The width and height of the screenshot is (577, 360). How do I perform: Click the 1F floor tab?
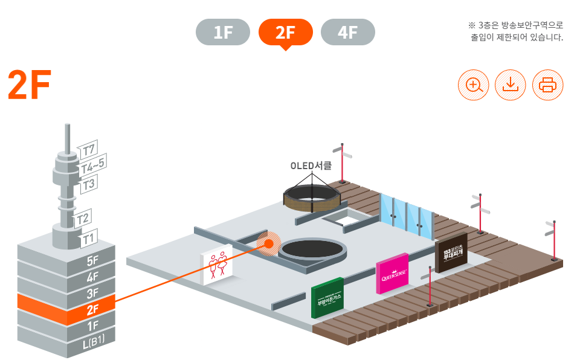(x=223, y=33)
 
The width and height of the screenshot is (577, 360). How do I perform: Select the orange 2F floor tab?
(x=285, y=33)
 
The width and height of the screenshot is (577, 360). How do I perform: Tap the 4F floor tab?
(x=347, y=33)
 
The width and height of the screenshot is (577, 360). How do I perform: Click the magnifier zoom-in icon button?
(x=473, y=85)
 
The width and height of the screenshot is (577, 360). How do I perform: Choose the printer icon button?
(x=547, y=85)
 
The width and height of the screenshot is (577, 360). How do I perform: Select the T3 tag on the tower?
(x=88, y=184)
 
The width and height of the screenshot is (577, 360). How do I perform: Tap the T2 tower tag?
(x=83, y=219)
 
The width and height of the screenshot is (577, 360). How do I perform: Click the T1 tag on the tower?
(x=88, y=239)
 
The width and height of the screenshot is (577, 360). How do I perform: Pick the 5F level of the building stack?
(x=92, y=262)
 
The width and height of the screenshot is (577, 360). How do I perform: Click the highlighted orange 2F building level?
(x=92, y=310)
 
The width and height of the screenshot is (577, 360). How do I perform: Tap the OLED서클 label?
(x=311, y=166)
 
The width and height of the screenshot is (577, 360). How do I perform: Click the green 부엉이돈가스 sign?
(x=327, y=298)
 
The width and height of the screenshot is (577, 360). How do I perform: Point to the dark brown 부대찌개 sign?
(x=451, y=252)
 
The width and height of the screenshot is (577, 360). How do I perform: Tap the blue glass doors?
(x=407, y=216)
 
